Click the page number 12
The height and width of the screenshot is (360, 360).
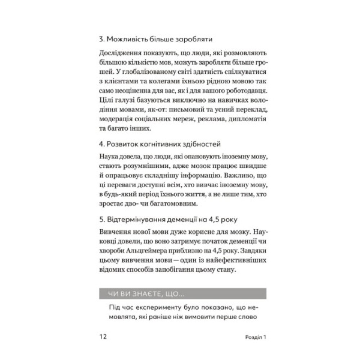(103, 337)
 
